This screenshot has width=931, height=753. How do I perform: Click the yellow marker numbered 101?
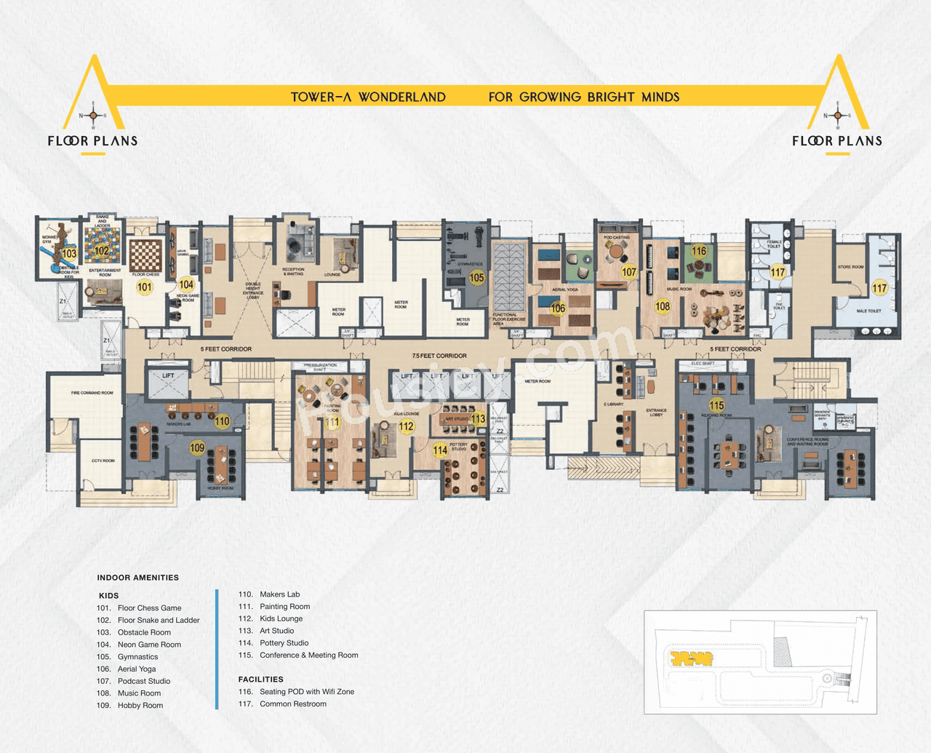[145, 287]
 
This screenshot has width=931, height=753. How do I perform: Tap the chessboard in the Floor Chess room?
[145, 255]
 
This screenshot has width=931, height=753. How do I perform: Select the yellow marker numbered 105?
[476, 277]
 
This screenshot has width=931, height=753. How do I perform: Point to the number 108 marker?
[663, 306]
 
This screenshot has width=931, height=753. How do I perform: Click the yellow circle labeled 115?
[716, 405]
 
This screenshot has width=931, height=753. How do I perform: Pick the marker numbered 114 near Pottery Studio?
[440, 450]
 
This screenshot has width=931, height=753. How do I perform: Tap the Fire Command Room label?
[92, 393]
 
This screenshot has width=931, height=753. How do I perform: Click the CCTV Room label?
[103, 461]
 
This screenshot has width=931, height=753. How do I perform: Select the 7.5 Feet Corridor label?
[439, 356]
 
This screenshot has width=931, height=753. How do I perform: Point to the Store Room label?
[850, 267]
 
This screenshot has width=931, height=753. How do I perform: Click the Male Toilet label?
[868, 311]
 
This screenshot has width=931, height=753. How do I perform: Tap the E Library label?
[613, 405]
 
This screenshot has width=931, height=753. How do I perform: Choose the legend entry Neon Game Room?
[149, 645]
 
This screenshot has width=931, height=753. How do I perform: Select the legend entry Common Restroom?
[292, 704]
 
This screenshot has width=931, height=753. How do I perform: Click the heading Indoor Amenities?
[137, 578]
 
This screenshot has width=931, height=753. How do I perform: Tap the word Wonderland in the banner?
[401, 97]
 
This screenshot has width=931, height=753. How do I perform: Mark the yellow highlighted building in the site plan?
[691, 658]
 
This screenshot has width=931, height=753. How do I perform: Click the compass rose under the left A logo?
[93, 116]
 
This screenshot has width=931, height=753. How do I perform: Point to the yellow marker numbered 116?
[699, 251]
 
